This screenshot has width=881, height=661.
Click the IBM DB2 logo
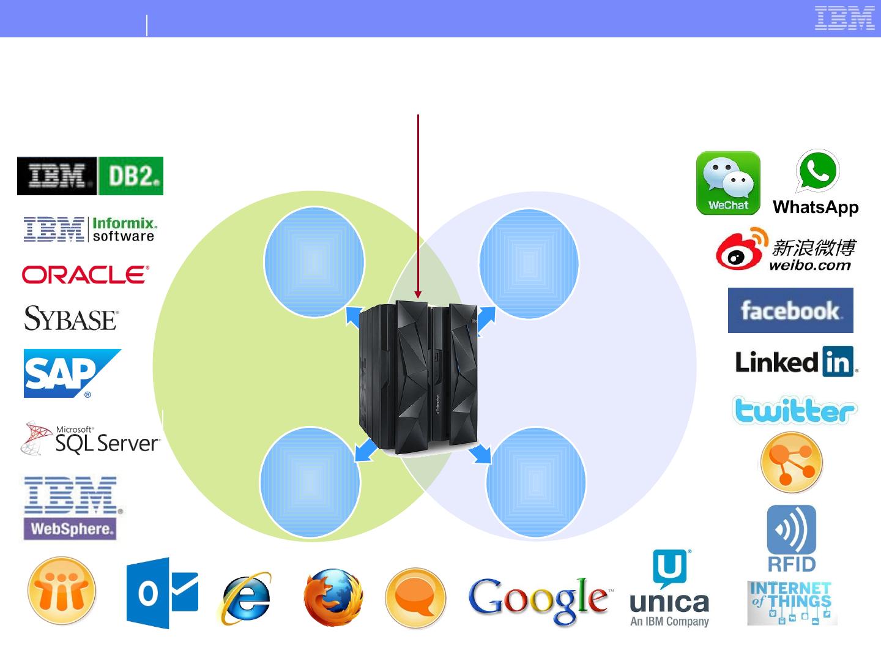[x=90, y=176]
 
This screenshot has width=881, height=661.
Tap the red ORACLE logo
[x=86, y=275]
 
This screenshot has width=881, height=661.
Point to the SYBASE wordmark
[x=71, y=319]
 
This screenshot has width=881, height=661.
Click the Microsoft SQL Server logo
[x=91, y=439]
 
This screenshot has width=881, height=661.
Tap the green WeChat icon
[x=728, y=183]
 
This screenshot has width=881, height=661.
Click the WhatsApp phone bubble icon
[x=817, y=172]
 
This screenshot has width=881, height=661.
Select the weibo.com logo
[x=786, y=249]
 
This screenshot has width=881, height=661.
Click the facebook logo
[x=790, y=310]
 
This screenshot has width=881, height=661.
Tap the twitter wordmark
[x=794, y=411]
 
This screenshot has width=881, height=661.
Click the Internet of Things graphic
[x=792, y=603]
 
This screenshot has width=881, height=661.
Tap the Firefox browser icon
[x=333, y=597]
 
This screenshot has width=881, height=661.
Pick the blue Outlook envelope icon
[x=163, y=593]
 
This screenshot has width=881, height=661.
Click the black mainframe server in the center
[x=418, y=377]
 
